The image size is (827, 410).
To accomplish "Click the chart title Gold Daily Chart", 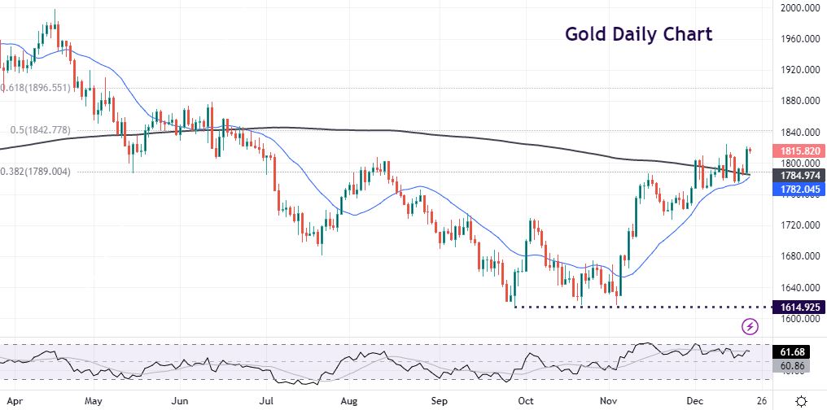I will tap(638, 34).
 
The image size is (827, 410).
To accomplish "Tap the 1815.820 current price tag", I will tap(798, 151).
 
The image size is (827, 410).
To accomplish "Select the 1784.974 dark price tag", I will tap(798, 175).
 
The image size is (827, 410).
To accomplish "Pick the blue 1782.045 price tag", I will tap(798, 190).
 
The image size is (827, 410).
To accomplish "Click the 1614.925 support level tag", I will tap(798, 307).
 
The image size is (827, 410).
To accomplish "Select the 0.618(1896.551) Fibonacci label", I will tap(35, 87).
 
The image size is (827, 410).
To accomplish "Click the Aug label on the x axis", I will tap(349, 401).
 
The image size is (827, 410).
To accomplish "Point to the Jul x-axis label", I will tap(264, 401).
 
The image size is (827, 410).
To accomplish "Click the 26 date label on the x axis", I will tap(759, 401).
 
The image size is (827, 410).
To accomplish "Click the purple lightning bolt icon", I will tap(750, 326).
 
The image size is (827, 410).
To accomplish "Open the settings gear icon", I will tap(801, 400).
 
